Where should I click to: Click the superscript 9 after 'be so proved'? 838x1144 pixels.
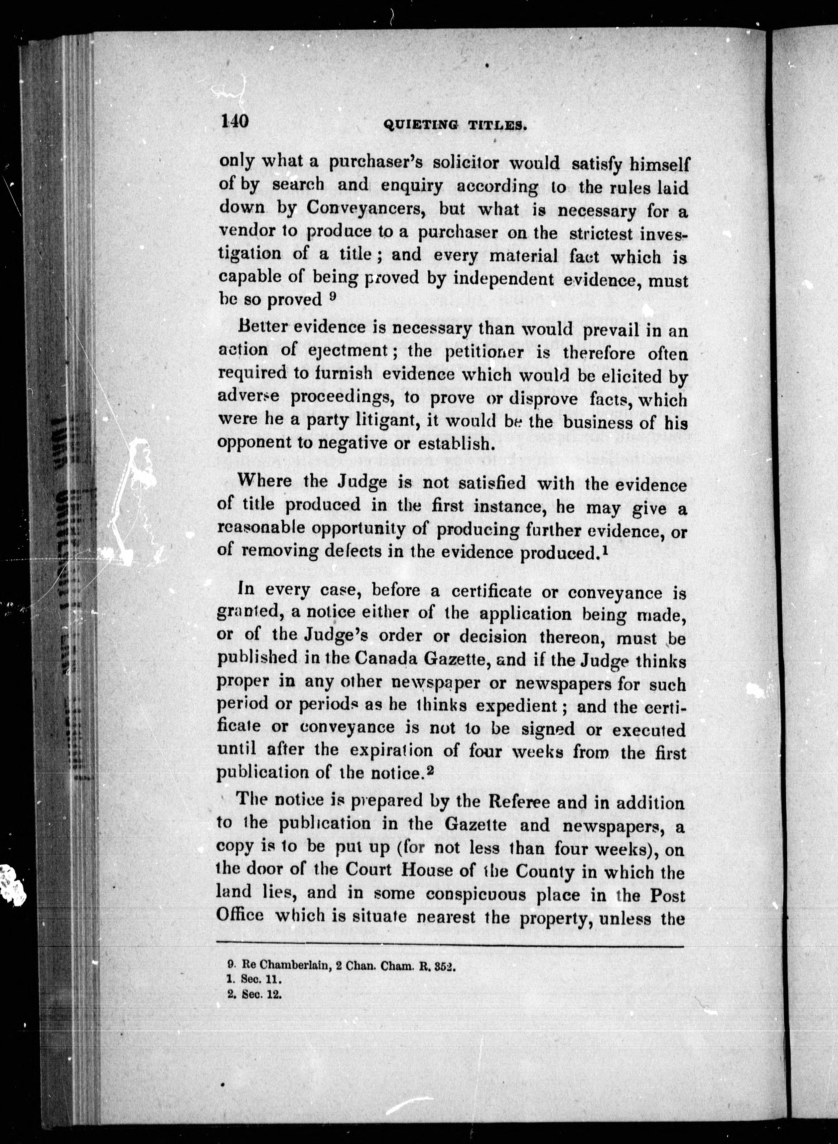point(332,298)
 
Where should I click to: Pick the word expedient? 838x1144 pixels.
point(516,706)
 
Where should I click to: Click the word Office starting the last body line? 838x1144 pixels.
point(240,915)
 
